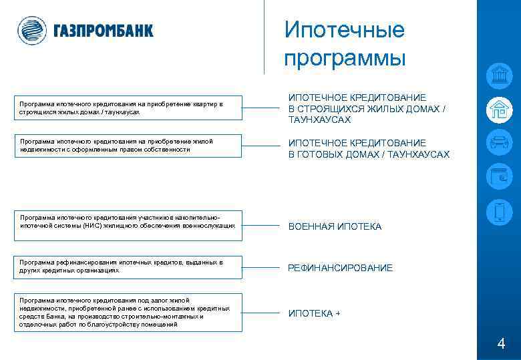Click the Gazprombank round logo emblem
pos(31,30)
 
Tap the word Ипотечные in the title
pos(344,30)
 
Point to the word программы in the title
pos(344,58)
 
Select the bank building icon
pos(498,76)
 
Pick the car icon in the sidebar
pos(498,143)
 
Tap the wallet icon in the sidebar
pos(498,177)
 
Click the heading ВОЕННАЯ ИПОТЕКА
pos(335,227)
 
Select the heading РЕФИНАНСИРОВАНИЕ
pos(340,268)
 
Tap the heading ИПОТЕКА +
pos(314,314)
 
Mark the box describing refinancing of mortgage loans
pos(129,266)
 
